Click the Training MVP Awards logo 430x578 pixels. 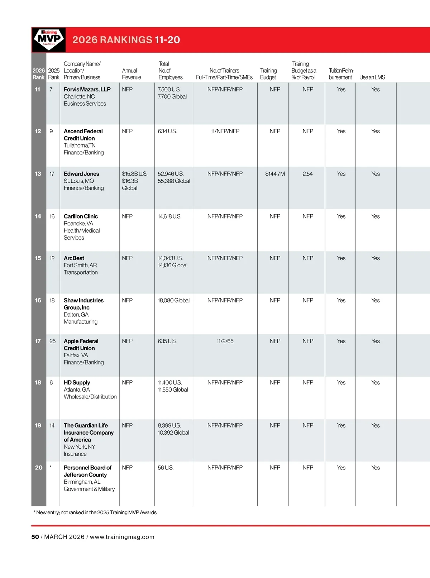pyautogui.click(x=49, y=39)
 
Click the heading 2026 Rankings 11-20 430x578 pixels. pyautogui.click(x=126, y=40)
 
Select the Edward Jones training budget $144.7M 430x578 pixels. pyautogui.click(x=275, y=174)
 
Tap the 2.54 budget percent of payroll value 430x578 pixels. pyautogui.click(x=307, y=174)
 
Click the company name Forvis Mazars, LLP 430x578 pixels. pyautogui.click(x=87, y=89)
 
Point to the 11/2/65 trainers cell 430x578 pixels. pyautogui.click(x=225, y=341)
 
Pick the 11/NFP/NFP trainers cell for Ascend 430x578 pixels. pyautogui.click(x=225, y=131)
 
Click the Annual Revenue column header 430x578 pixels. pyautogui.click(x=131, y=74)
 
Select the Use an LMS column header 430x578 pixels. pyautogui.click(x=372, y=77)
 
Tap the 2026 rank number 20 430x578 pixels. pyautogui.click(x=38, y=468)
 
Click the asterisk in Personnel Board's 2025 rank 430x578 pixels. pyautogui.click(x=51, y=467)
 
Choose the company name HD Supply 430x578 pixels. pyautogui.click(x=77, y=382)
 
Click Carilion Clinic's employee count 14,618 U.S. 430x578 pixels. pyautogui.click(x=169, y=216)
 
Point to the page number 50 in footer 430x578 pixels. pyautogui.click(x=35, y=537)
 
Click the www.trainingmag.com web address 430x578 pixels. pyautogui.click(x=122, y=537)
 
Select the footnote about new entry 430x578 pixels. pyautogui.click(x=95, y=512)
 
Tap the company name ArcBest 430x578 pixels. pyautogui.click(x=74, y=258)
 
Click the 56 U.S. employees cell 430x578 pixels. pyautogui.click(x=166, y=468)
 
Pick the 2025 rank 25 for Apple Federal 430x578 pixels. pyautogui.click(x=52, y=341)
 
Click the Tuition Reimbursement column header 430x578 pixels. pyautogui.click(x=341, y=74)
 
